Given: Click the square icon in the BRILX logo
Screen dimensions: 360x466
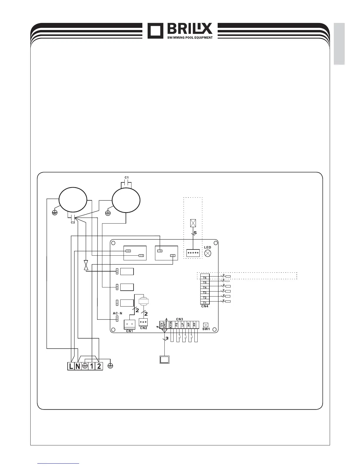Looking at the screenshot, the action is click(x=155, y=31).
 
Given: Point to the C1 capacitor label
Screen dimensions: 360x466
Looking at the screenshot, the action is click(x=126, y=177).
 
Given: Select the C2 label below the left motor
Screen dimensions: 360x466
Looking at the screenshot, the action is click(x=72, y=223).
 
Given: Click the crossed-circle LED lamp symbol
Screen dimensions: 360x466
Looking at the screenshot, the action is click(x=208, y=253).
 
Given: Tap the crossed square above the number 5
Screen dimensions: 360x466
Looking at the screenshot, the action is click(x=193, y=223).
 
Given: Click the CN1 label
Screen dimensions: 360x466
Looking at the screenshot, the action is click(x=129, y=331).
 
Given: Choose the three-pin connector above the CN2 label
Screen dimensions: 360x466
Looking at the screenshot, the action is click(x=143, y=322).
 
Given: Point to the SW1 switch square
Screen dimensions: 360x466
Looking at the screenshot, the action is click(x=206, y=325).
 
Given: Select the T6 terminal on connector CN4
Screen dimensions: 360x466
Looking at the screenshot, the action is click(x=205, y=277).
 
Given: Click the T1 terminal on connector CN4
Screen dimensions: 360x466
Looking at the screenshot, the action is click(x=205, y=303).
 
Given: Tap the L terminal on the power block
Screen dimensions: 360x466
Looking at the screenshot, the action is click(x=71, y=366).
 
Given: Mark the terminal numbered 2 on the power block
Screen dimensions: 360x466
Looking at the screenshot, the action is click(x=99, y=366).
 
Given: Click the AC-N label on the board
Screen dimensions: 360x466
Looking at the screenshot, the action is click(x=117, y=313).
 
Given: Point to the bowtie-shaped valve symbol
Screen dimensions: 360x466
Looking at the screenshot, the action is click(x=86, y=265).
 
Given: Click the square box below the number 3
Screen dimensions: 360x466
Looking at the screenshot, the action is click(x=164, y=360).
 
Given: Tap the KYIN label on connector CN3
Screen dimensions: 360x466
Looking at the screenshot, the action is click(x=171, y=325).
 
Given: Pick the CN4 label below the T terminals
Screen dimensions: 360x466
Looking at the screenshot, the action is click(x=205, y=307).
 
